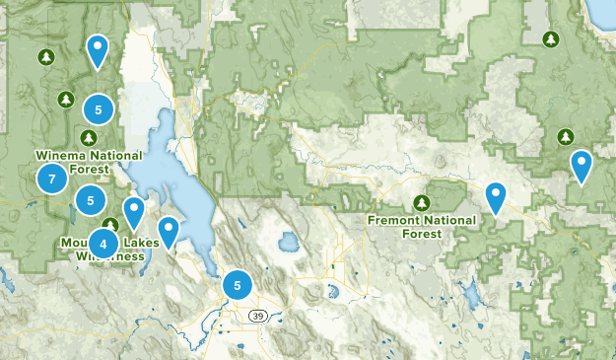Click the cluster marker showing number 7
pyautogui.click(x=51, y=179)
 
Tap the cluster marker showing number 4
pyautogui.click(x=103, y=243)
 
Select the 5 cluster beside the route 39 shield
pyautogui.click(x=237, y=285)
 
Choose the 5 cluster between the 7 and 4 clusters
pyautogui.click(x=90, y=200)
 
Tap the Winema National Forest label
pyautogui.click(x=89, y=161)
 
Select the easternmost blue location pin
pyautogui.click(x=582, y=165)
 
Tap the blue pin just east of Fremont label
pyautogui.click(x=496, y=196)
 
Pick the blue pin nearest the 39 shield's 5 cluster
pyautogui.click(x=170, y=231)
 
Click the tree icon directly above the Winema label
pyautogui.click(x=65, y=99)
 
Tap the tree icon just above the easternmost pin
pyautogui.click(x=566, y=136)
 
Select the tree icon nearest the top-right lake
pyautogui.click(x=551, y=39)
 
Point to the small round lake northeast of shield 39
pyautogui.click(x=288, y=242)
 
